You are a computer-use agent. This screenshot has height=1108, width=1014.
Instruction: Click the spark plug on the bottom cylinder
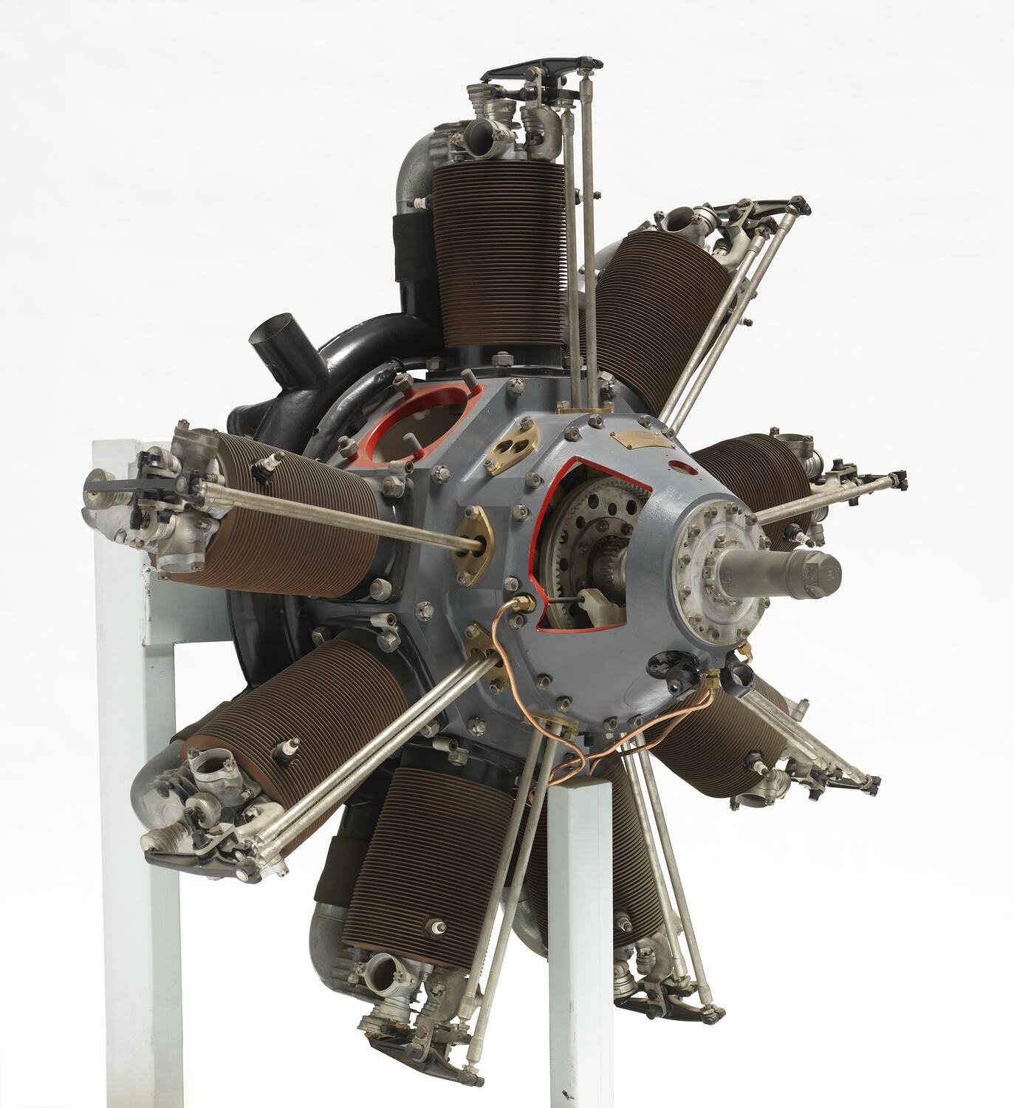point(437,925)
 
